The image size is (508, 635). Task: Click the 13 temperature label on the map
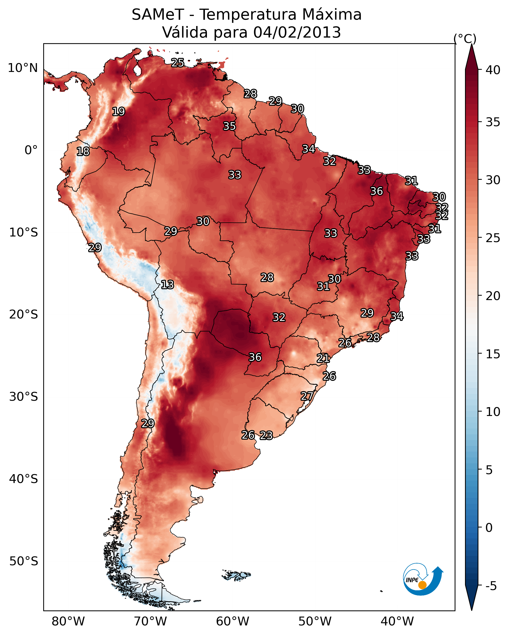(167, 285)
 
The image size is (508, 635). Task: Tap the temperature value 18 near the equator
(83, 152)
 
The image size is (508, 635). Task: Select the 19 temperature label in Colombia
(118, 112)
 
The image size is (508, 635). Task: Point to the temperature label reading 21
(323, 358)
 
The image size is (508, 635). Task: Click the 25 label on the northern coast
(178, 63)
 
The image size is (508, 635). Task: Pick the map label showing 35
(229, 126)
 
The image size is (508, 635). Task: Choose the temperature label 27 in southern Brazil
(307, 396)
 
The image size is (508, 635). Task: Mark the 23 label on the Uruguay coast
(266, 435)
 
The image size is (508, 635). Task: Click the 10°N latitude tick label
(23, 68)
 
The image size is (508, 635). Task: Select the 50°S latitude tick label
(24, 561)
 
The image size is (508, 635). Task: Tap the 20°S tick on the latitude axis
(24, 315)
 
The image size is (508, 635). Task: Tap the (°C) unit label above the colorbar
(465, 39)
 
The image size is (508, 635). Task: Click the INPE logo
(423, 579)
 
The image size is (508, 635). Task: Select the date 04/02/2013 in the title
(297, 32)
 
